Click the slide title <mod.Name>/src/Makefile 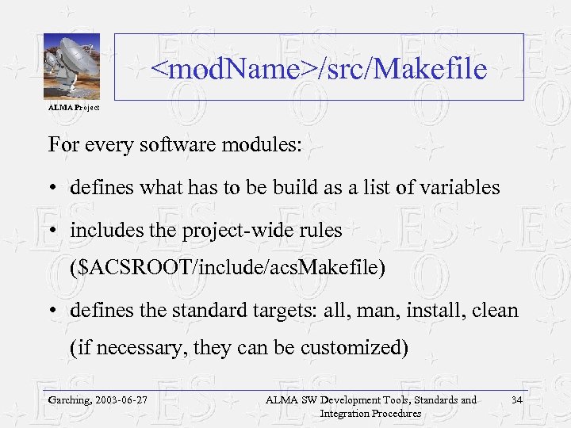tap(319, 70)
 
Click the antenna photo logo tap(71, 67)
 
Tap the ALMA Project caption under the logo tap(73, 106)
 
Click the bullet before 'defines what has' tap(52, 189)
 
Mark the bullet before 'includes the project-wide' tap(52, 231)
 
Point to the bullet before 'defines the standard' tap(52, 311)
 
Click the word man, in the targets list tap(378, 310)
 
